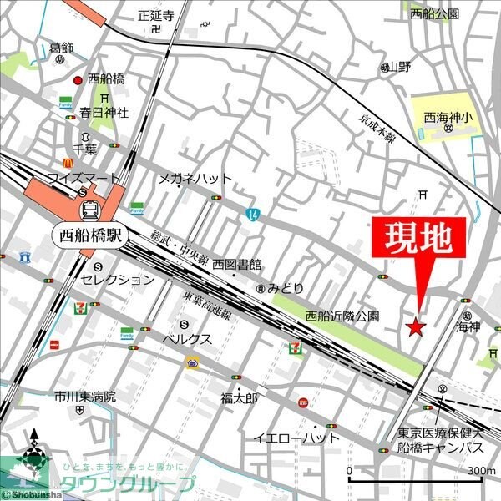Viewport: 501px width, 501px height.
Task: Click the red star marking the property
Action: (415, 326)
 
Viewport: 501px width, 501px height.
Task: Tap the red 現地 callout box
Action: (417, 240)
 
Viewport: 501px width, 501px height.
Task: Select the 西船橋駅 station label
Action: (87, 234)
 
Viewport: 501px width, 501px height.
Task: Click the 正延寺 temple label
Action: (155, 15)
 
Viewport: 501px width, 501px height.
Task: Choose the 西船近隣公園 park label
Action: (342, 316)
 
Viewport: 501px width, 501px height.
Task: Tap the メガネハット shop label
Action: (195, 178)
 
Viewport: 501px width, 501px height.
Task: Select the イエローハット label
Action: (297, 438)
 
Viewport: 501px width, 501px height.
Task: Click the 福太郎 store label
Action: (241, 397)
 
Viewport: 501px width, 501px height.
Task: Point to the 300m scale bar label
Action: (481, 471)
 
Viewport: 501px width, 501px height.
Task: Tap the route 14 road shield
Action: (252, 215)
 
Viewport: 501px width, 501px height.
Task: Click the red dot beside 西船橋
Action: (78, 80)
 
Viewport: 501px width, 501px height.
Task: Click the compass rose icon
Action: (33, 457)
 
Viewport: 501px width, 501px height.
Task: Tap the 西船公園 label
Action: (434, 14)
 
